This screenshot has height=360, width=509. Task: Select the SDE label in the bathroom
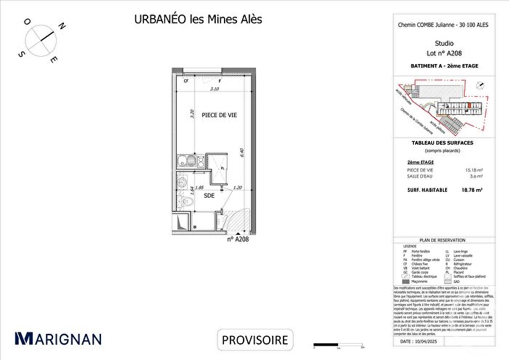pos(209,196)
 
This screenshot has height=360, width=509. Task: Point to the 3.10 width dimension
pos(215,89)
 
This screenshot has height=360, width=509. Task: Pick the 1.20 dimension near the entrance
pos(236,187)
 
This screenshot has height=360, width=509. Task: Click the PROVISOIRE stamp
pos(254,340)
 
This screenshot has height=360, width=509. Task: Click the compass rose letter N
pos(63,26)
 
